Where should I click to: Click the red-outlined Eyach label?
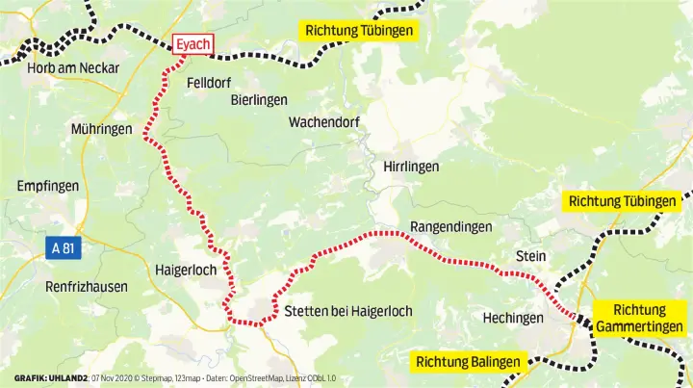192,44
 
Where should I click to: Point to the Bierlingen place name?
259,100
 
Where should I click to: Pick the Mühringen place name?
101,129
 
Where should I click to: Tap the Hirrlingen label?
411,167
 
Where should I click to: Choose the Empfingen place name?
47,187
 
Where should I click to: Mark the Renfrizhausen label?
87,286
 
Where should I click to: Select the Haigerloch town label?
186,271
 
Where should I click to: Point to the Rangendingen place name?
451,227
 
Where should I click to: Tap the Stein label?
530,256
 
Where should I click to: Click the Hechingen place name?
513,318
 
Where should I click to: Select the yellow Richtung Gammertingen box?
639,319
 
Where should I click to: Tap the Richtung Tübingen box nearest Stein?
622,201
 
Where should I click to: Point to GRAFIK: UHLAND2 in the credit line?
49,377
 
